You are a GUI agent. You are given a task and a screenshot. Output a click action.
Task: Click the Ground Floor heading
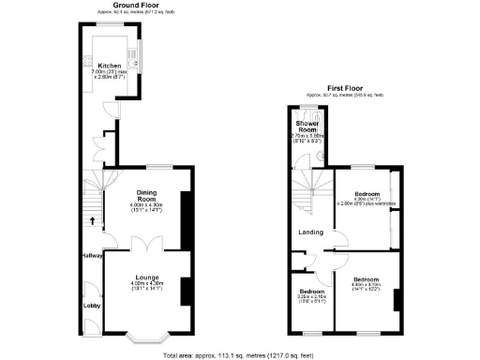pos(135,5)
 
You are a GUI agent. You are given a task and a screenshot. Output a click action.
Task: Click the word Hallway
pos(91,255)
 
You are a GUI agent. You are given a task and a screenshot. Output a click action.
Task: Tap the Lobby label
pos(92,305)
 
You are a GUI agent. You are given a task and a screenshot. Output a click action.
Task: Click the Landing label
pos(312,232)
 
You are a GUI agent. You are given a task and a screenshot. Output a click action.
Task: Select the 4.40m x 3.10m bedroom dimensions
pos(366,288)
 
